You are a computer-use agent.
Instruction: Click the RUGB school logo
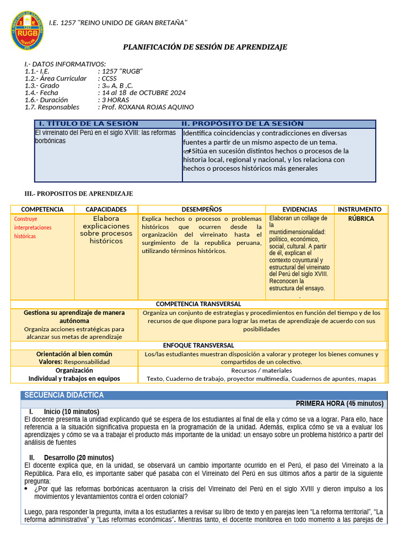click(x=27, y=30)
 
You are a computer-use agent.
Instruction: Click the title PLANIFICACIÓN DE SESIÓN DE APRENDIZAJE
click(x=205, y=47)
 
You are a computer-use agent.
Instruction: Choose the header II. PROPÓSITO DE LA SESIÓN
click(x=242, y=124)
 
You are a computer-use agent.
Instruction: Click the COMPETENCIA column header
click(x=42, y=209)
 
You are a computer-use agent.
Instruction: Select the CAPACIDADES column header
click(x=106, y=209)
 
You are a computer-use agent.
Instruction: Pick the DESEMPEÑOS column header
click(x=202, y=209)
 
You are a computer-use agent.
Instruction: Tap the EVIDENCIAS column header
click(x=299, y=209)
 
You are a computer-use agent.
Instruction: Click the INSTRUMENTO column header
click(x=359, y=209)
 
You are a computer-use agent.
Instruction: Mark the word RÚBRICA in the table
click(x=360, y=219)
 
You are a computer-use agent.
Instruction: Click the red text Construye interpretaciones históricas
click(x=33, y=227)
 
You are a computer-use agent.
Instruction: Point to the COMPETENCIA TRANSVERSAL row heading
click(x=198, y=304)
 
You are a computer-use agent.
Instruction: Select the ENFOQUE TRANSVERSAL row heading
click(x=198, y=345)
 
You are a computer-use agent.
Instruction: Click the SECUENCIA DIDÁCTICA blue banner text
click(x=64, y=395)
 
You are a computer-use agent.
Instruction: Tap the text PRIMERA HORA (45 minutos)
click(x=339, y=404)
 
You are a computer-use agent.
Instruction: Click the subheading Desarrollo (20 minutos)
click(x=78, y=458)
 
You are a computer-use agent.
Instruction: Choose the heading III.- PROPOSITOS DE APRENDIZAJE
click(x=79, y=194)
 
